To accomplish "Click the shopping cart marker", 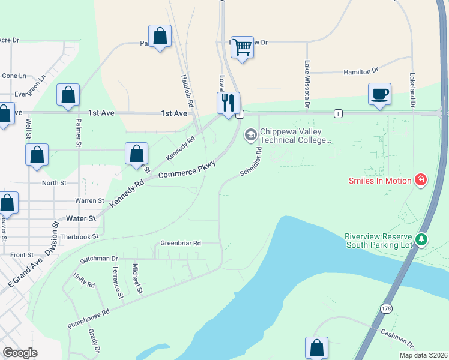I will [242, 47].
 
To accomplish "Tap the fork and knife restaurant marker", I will [228, 103].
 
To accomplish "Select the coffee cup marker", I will [379, 95].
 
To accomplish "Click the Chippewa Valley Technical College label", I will [295, 136].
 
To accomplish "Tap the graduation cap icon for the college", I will [250, 136].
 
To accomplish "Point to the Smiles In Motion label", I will [381, 180].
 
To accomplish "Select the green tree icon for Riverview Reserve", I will [422, 241].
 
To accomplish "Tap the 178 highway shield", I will [386, 308].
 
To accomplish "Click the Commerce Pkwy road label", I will [187, 168].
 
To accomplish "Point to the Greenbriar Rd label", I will [181, 243].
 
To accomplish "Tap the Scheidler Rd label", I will [251, 162].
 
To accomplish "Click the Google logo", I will [20, 353].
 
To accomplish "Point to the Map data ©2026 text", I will [423, 355].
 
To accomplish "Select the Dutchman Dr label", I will [98, 259].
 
